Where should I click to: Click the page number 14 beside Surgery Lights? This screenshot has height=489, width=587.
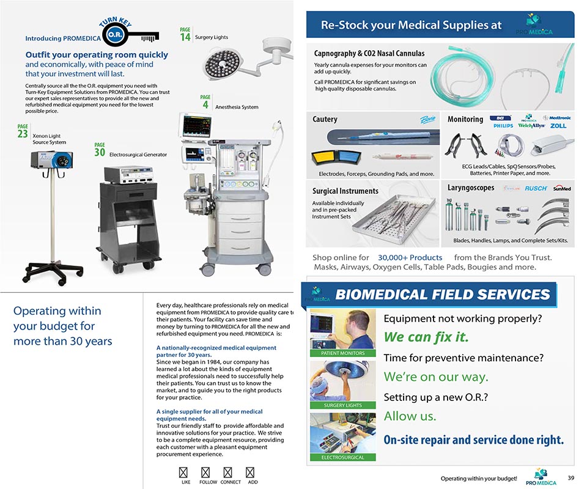pos(185,37)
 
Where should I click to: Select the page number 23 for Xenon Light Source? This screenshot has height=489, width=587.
pos(23,133)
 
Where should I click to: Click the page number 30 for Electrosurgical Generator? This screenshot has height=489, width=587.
pos(99,152)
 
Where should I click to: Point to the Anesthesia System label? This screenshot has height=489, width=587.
pos(237,107)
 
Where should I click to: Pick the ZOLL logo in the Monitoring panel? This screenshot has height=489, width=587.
pos(558,126)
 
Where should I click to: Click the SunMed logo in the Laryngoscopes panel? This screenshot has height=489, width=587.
pos(561,189)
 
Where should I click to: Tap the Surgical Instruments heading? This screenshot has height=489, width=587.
pos(345,191)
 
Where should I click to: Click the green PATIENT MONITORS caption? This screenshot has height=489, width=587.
pos(342,353)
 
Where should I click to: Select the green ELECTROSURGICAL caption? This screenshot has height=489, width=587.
pos(342,457)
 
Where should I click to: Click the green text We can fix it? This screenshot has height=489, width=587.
pos(426,337)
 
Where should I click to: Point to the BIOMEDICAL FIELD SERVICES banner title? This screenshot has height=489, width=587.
pos(442,295)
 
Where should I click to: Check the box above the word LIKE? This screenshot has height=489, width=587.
pos(183,472)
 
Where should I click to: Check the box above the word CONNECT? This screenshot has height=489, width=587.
pos(228,472)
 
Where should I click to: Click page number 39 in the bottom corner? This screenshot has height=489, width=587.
pos(570,477)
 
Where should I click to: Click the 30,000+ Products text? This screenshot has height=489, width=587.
pos(410,257)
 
